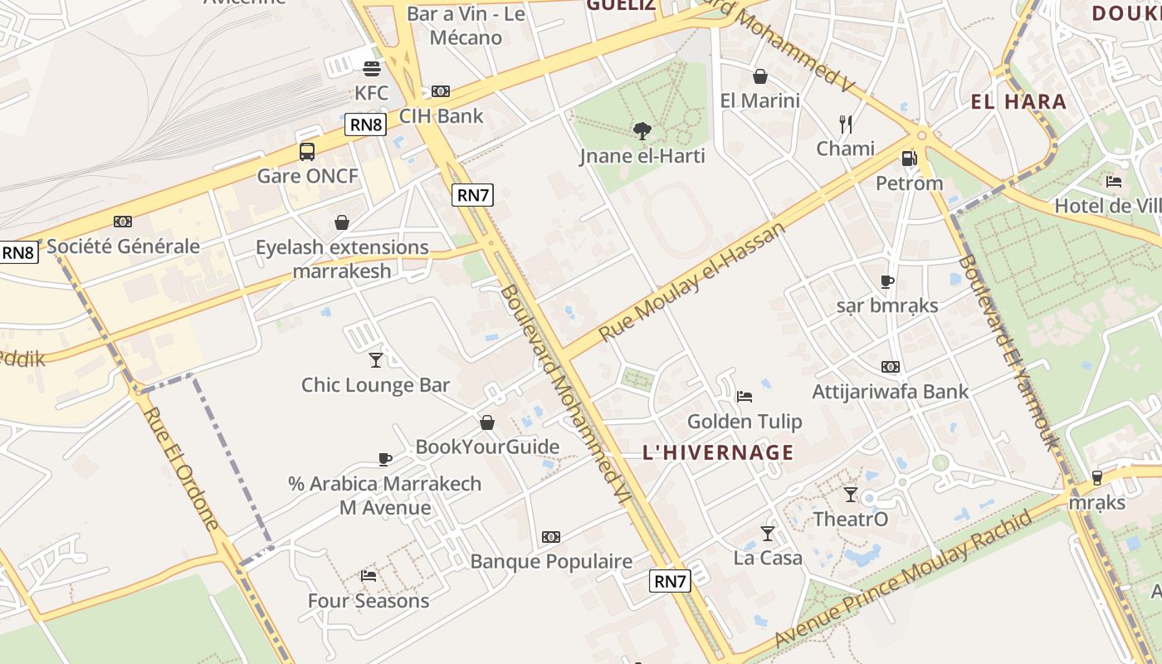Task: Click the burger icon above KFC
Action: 371,68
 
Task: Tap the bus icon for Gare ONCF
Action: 307,152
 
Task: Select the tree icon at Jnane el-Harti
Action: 642,130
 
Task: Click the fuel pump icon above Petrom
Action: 909,159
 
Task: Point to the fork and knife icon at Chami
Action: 846,124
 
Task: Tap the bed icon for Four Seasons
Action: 369,575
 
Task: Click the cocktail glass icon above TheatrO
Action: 851,495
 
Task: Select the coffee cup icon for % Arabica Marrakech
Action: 385,458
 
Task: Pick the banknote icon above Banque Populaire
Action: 551,537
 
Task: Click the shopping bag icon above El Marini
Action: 759,77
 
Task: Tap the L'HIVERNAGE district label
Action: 718,453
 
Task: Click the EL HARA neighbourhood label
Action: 1018,102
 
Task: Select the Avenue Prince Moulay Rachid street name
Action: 905,579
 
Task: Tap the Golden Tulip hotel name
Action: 745,422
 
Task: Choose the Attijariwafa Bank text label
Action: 890,391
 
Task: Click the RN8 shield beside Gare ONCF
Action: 366,125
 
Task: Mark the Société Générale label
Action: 123,247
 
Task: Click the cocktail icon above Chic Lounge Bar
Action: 376,359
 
